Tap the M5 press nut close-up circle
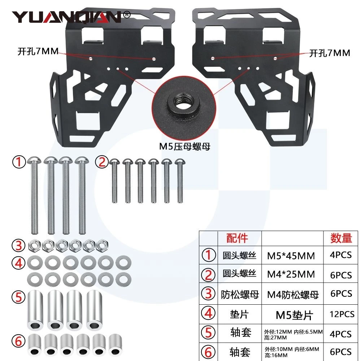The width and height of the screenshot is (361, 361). pyautogui.click(x=184, y=108)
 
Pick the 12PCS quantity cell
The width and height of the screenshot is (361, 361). pyautogui.click(x=342, y=314)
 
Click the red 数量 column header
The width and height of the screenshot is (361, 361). pyautogui.click(x=341, y=238)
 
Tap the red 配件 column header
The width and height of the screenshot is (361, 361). pyautogui.click(x=237, y=238)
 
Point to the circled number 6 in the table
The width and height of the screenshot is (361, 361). pyautogui.click(x=208, y=352)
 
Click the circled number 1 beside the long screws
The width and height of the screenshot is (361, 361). pyautogui.click(x=19, y=162)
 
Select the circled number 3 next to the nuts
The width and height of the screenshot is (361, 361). pyautogui.click(x=18, y=245)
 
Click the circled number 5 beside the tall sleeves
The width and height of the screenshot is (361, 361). pyautogui.click(x=18, y=297)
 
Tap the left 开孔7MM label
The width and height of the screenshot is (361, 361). pyautogui.click(x=38, y=51)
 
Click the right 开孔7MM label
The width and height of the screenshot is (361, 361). pyautogui.click(x=330, y=53)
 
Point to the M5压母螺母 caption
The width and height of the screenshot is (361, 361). pyautogui.click(x=184, y=147)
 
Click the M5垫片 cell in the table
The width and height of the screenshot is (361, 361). pyautogui.click(x=294, y=315)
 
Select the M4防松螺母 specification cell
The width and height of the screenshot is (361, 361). pyautogui.click(x=293, y=295)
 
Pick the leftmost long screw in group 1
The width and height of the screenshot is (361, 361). pyautogui.click(x=35, y=195)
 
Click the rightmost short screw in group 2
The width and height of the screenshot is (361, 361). pyautogui.click(x=180, y=181)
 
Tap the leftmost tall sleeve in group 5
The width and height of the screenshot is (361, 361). pyautogui.click(x=35, y=310)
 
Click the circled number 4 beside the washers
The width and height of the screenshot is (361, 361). pyautogui.click(x=18, y=263)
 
